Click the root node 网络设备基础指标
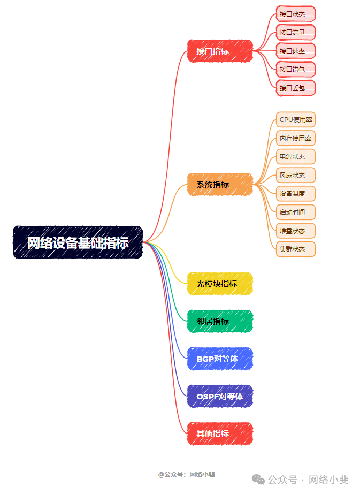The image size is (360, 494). [x=78, y=242]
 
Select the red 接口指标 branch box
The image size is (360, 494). [x=220, y=51]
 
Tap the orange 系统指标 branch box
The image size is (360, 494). [x=220, y=185]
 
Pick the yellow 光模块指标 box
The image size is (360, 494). [x=220, y=284]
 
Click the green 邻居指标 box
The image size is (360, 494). [x=220, y=321]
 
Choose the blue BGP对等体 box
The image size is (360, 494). [x=220, y=359]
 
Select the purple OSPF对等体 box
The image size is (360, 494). [x=220, y=396]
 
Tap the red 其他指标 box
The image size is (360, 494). [x=220, y=434]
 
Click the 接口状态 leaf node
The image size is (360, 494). [x=296, y=14]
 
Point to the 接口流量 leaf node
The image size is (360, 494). [x=296, y=33]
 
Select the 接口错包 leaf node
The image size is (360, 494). [x=296, y=69]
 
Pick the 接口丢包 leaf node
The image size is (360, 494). [x=296, y=88]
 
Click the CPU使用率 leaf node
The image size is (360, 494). [x=296, y=120]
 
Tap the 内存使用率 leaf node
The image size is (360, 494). [x=296, y=139]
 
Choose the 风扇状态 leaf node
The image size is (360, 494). [x=296, y=175]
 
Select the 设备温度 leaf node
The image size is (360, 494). [x=296, y=194]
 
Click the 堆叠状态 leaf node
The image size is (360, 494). [x=296, y=231]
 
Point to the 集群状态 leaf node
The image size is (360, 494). [x=296, y=249]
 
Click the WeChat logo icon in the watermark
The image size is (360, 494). [x=258, y=480]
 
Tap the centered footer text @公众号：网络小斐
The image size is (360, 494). [x=186, y=474]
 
